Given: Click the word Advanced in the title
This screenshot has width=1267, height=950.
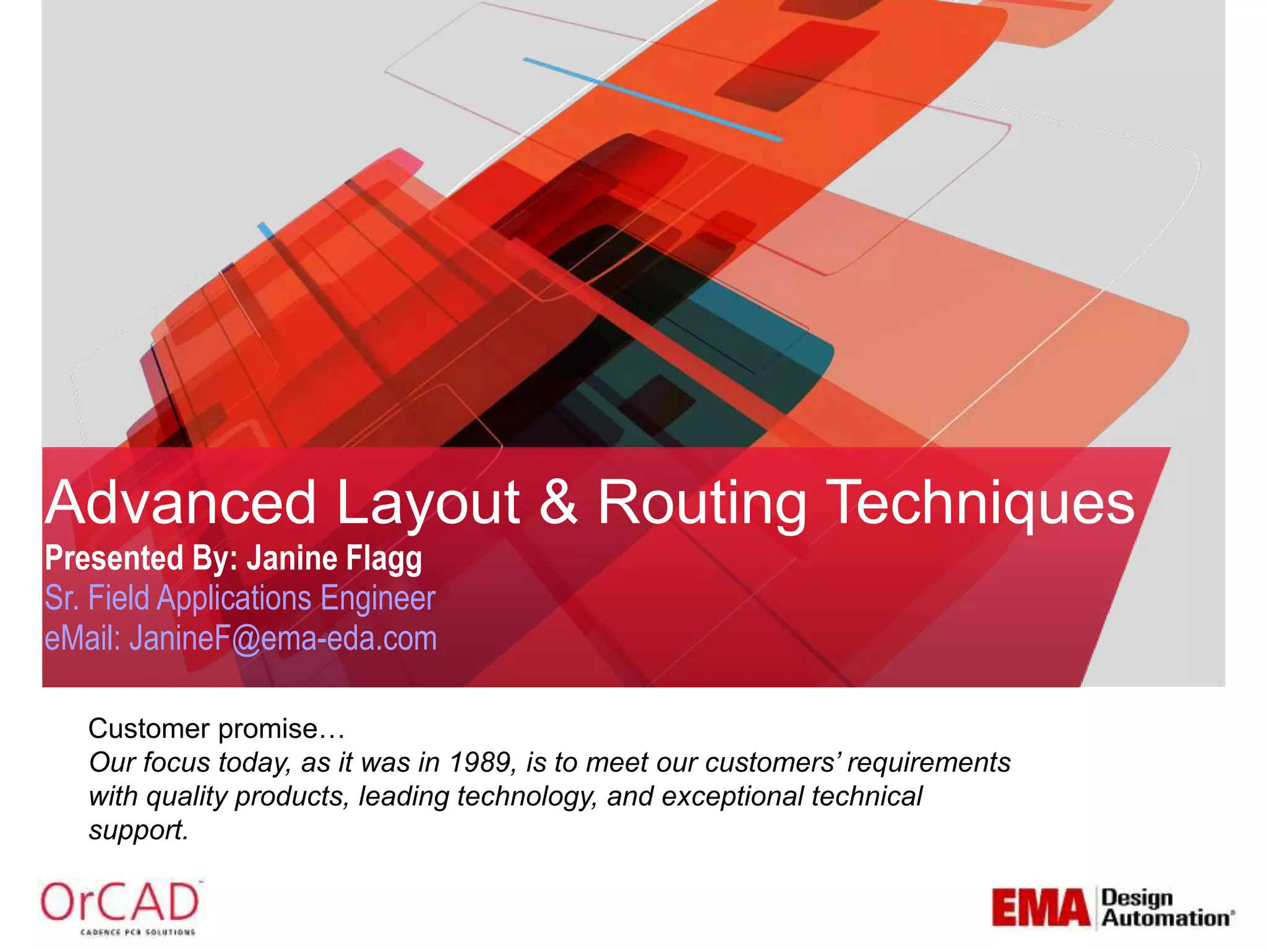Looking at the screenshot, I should (181, 502).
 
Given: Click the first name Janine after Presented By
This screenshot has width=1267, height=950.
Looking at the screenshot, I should (293, 558).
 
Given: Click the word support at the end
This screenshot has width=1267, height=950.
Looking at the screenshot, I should (138, 830).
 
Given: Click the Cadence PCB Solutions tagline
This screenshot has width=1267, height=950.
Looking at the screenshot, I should (138, 931).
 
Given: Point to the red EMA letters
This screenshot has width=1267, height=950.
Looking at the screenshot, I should (1041, 909).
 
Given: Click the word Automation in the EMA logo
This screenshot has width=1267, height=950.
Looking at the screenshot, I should (1166, 918).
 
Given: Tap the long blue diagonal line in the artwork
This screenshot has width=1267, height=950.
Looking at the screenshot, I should (653, 100).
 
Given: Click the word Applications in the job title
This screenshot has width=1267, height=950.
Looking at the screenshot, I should (234, 599).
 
